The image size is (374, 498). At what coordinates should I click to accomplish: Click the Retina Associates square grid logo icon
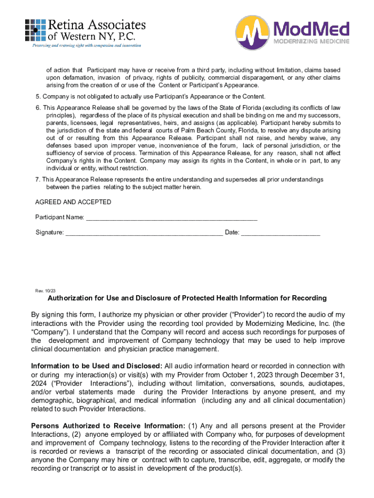click(35, 30)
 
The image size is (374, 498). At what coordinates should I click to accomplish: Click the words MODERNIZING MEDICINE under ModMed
click(311, 41)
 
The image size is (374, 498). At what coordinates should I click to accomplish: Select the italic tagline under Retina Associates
click(86, 45)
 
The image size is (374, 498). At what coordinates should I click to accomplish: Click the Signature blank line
click(144, 232)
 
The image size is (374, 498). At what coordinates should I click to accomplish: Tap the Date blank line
click(281, 232)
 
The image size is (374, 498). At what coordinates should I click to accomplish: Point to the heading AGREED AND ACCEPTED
click(73, 202)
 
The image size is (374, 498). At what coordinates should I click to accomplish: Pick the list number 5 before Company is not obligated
click(37, 96)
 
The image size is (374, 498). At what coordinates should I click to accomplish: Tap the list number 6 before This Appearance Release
click(37, 107)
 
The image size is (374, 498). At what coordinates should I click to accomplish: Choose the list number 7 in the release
click(37, 179)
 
